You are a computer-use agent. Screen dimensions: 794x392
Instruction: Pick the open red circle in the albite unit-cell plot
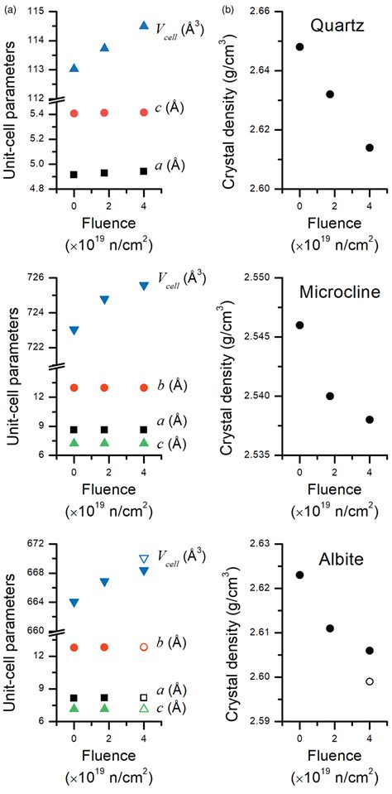144,647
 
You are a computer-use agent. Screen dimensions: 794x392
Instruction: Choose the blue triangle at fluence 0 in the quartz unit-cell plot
74,68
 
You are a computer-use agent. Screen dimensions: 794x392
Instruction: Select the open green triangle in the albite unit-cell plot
144,709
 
